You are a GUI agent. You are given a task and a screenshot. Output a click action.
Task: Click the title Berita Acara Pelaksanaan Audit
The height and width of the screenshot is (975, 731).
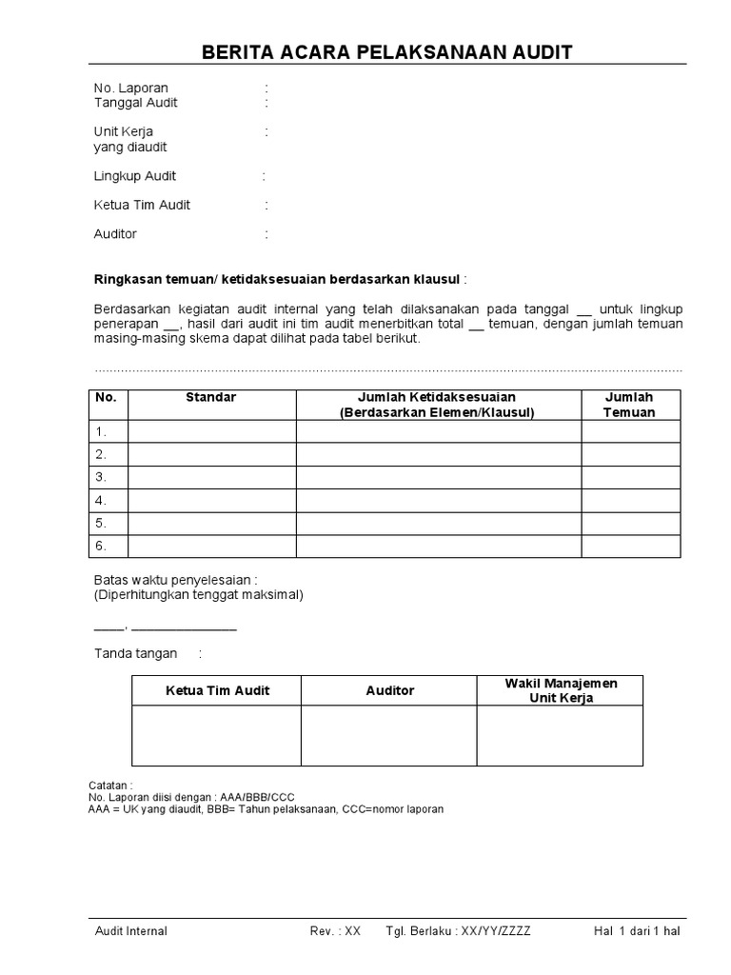[387, 51]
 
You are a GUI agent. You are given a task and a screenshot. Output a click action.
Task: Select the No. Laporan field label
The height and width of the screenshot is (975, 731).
[131, 89]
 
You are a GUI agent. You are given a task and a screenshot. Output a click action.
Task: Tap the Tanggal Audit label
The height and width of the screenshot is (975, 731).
[136, 103]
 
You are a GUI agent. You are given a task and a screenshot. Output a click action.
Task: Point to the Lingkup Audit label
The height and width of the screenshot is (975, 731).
[135, 176]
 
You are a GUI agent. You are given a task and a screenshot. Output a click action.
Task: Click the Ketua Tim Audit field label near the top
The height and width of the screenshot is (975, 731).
[142, 205]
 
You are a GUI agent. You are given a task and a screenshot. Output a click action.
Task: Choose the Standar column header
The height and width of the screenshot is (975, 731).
[211, 397]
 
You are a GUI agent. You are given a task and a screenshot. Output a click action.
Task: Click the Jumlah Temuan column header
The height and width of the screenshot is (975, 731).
[630, 405]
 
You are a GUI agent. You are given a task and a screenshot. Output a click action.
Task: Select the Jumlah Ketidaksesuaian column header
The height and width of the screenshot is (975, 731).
[438, 405]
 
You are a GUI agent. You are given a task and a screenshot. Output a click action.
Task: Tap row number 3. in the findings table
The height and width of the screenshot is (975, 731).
[101, 477]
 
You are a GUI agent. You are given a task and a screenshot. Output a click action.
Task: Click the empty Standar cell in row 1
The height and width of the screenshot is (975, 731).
[211, 431]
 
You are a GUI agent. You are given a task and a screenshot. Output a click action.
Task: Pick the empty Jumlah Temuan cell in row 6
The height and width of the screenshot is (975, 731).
[630, 546]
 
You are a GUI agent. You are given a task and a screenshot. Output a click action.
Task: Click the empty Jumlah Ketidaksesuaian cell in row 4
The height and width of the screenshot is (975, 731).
[438, 500]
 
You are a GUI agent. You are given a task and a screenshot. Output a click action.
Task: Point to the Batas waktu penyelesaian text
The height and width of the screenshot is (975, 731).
[176, 580]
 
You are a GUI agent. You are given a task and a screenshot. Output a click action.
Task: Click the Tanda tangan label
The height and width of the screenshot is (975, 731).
[135, 653]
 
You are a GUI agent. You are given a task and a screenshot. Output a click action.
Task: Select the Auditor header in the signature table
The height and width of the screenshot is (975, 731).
[390, 690]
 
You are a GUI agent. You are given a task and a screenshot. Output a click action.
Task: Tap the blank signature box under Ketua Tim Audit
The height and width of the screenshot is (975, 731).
[217, 735]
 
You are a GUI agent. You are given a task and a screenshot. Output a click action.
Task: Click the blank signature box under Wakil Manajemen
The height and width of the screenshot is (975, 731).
[560, 735]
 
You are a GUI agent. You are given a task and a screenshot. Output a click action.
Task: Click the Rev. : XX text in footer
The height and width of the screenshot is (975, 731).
[335, 931]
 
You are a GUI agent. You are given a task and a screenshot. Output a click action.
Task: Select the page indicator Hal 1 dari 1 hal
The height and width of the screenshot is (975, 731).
[637, 931]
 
